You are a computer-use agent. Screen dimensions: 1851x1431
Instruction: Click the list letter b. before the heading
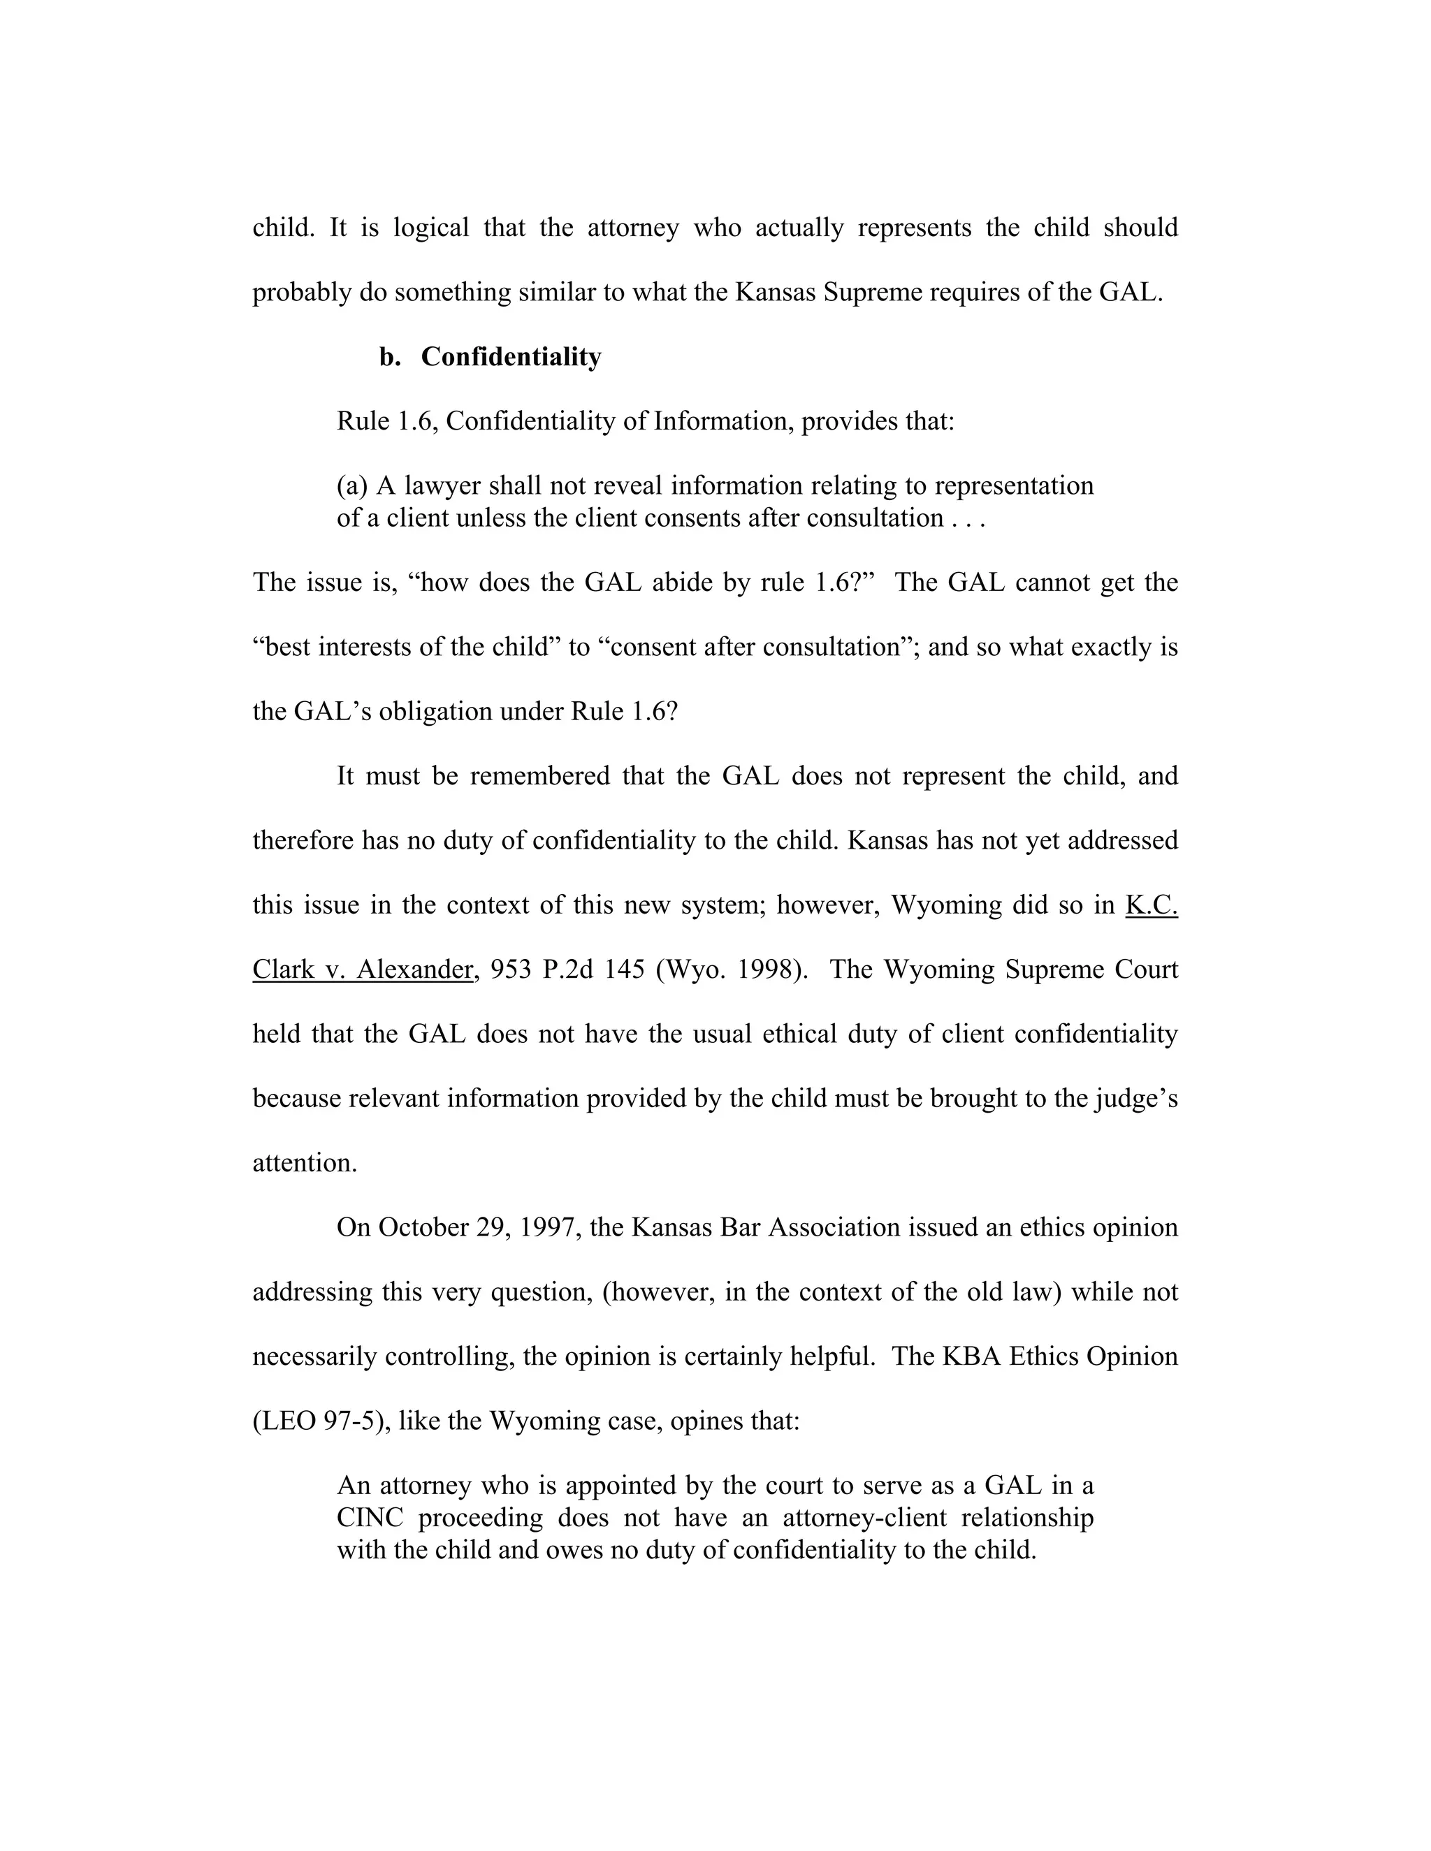point(389,357)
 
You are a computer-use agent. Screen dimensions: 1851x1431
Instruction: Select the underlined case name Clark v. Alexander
point(362,970)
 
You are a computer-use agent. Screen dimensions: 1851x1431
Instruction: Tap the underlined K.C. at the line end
point(1152,905)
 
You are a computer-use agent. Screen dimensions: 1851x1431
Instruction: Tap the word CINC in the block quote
point(370,1517)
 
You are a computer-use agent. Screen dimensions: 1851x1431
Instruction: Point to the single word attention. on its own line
point(305,1163)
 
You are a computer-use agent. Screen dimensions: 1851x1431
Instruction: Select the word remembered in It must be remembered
point(539,776)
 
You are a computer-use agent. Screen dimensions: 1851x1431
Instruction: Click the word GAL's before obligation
point(331,711)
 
